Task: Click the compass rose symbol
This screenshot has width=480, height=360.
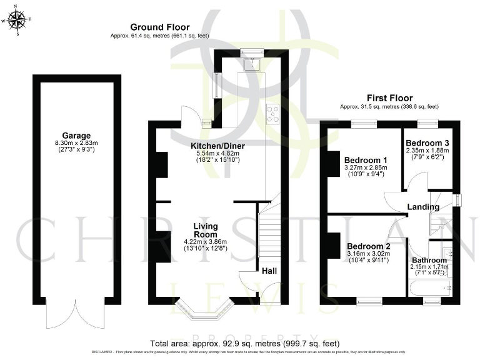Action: [17, 21]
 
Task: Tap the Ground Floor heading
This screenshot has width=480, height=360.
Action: [156, 27]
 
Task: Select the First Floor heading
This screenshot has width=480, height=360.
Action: [389, 98]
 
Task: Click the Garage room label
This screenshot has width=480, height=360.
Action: [76, 136]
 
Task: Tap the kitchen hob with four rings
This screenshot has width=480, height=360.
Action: [273, 113]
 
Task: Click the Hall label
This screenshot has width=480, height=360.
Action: [269, 271]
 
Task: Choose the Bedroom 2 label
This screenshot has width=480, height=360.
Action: [369, 246]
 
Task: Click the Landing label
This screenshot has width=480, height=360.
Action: [424, 207]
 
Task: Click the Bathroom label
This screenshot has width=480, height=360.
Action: [428, 259]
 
